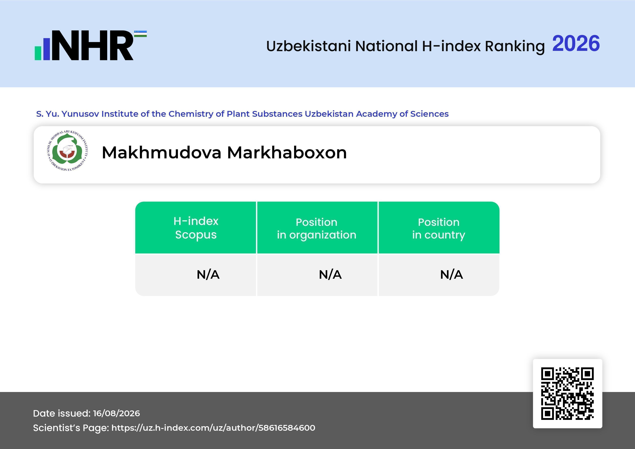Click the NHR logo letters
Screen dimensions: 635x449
93,45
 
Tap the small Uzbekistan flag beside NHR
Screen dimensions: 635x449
140,34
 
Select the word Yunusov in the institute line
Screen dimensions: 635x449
80,114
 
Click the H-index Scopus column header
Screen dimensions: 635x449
196,228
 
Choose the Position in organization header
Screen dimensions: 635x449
317,228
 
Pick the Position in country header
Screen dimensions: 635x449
439,228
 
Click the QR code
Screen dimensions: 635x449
567,393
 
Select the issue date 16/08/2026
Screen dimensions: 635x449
116,413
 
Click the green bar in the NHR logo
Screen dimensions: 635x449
38,53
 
